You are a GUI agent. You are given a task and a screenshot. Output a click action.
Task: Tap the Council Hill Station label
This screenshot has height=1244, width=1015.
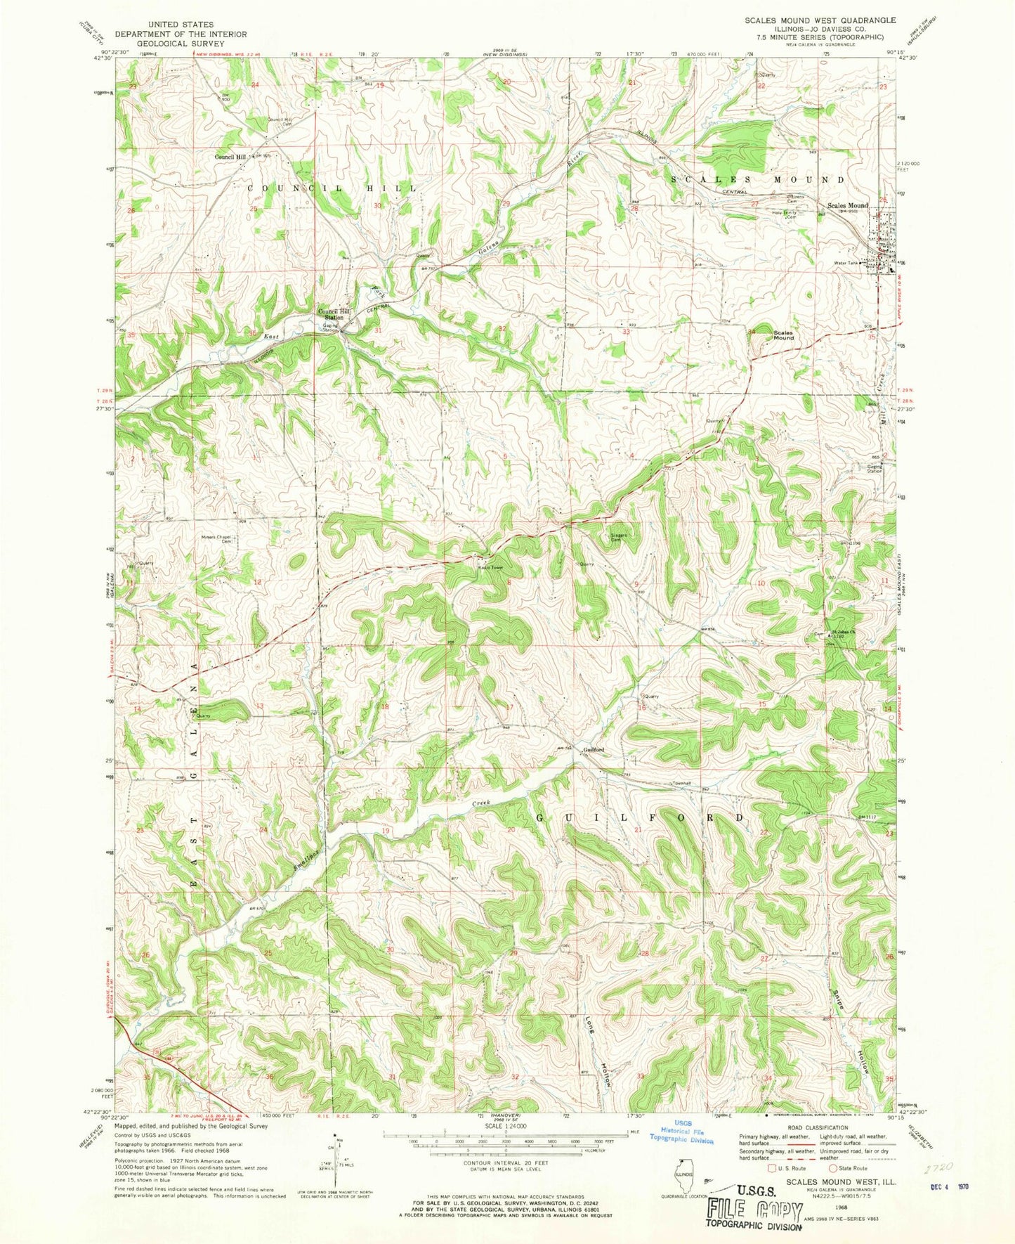[333, 314]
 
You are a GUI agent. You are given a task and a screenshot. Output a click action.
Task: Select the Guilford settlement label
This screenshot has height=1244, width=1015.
[594, 750]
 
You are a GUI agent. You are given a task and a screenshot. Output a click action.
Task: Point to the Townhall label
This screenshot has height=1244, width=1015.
[682, 783]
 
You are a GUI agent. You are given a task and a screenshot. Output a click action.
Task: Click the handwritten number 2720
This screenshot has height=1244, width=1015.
[938, 1167]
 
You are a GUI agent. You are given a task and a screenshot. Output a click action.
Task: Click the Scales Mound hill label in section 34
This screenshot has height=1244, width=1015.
[782, 335]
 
